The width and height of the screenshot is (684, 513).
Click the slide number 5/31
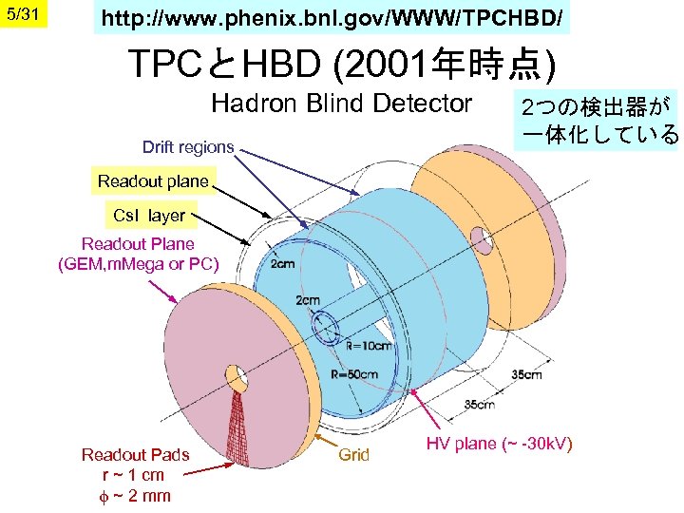tap(22, 16)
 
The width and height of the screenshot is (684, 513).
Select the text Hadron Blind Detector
tap(341, 103)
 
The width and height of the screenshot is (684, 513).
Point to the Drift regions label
tap(188, 147)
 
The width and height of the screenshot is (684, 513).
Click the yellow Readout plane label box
tap(153, 181)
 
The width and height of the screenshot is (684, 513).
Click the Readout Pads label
tap(135, 455)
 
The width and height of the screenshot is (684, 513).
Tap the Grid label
tap(354, 455)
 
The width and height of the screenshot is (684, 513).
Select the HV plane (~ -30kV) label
tap(499, 444)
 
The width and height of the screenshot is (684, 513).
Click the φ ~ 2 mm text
tap(134, 495)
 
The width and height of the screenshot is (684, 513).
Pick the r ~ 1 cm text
tap(134, 475)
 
